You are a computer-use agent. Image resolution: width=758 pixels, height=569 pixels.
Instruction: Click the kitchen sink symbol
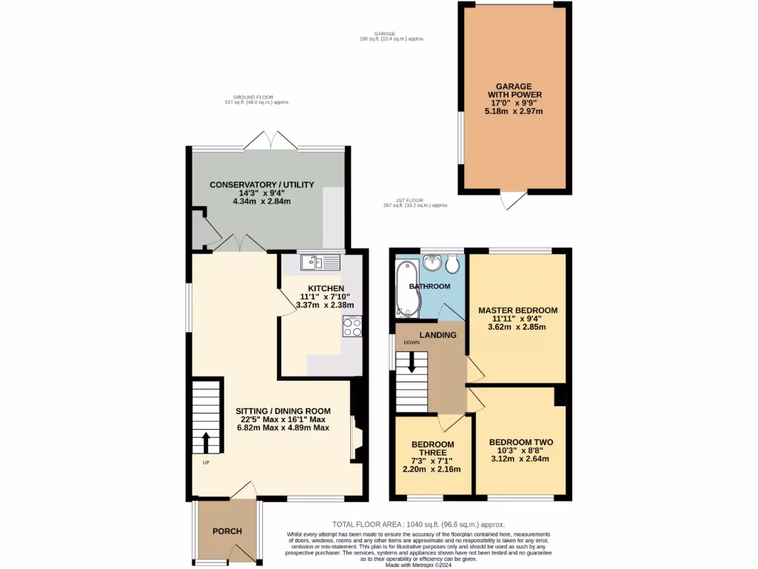[x=320, y=262]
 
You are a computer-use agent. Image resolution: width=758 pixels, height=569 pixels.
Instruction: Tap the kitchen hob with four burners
[x=352, y=327]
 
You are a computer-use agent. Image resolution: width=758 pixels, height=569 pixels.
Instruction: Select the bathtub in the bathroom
[x=408, y=290]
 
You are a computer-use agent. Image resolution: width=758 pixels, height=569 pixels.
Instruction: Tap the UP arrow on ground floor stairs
[x=207, y=443]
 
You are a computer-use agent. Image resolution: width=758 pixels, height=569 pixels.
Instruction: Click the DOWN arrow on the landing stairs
[x=412, y=363]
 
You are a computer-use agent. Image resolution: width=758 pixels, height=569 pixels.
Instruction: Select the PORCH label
[x=227, y=531]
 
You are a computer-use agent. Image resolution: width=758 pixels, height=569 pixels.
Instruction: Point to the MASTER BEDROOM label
[x=517, y=310]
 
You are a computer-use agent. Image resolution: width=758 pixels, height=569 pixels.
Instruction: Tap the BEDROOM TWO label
[x=520, y=442]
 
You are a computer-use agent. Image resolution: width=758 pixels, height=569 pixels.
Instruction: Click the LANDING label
[x=438, y=335]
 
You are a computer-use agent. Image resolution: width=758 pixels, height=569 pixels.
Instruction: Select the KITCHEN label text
[x=326, y=288]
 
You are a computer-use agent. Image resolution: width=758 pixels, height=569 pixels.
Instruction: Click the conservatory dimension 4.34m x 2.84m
[x=261, y=202]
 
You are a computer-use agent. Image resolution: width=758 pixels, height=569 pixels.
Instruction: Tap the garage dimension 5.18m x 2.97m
[x=514, y=112]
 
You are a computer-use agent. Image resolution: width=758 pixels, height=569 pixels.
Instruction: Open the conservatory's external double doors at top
[x=267, y=140]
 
